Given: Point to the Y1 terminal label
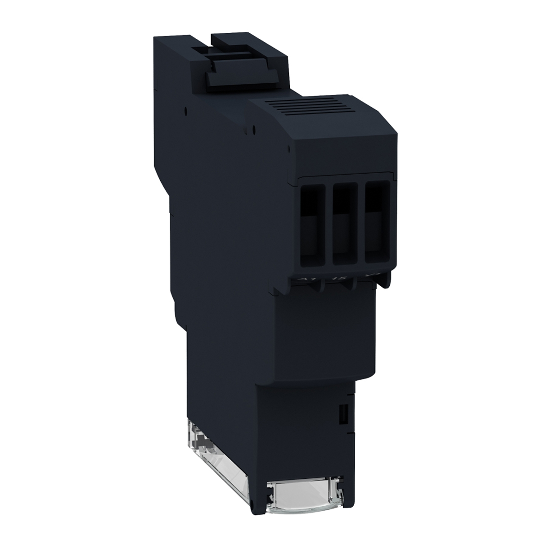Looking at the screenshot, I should tap(370, 279).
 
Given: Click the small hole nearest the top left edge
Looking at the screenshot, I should tap(185, 108).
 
